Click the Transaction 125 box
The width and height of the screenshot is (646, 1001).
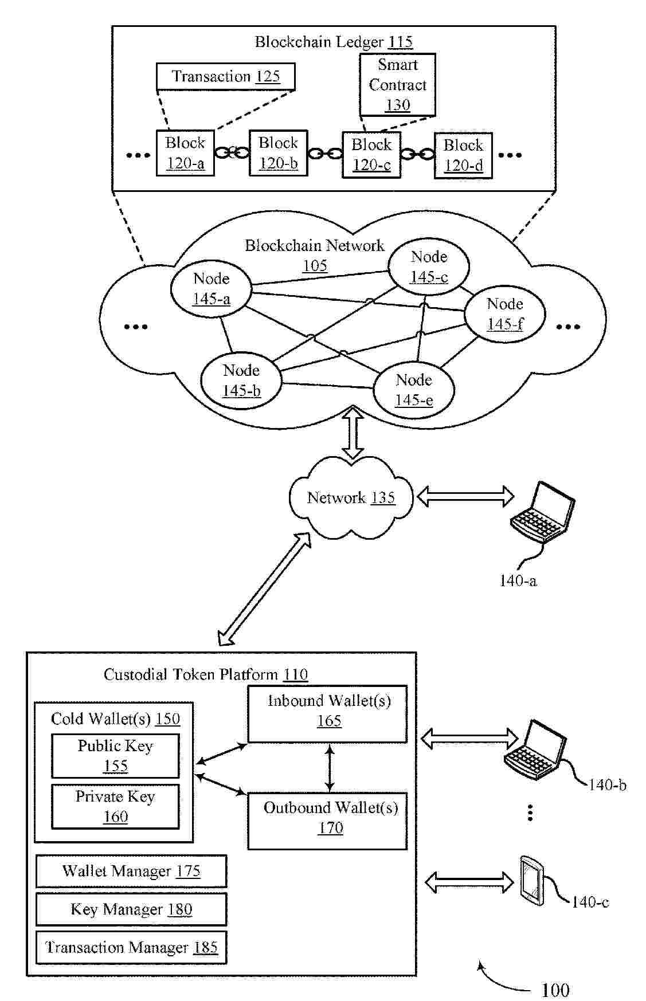[225, 77]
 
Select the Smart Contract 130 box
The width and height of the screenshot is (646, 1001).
[397, 85]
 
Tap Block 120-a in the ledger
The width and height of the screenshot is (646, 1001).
[185, 153]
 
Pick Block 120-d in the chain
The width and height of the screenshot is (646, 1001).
[463, 155]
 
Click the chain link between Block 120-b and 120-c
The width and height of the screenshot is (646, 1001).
[324, 154]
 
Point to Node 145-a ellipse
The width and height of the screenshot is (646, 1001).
[212, 289]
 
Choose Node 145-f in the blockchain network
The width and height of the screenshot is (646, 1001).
[504, 314]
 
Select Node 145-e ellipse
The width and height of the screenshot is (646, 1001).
[414, 390]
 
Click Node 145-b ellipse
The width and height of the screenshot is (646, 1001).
[241, 380]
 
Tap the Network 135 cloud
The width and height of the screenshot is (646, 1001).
[351, 497]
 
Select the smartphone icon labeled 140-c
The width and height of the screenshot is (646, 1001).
[531, 880]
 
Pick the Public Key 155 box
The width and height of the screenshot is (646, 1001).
[115, 756]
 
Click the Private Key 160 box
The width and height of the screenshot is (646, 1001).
[115, 806]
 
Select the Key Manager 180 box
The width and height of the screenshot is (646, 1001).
[131, 909]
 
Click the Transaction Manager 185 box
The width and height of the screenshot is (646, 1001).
[131, 948]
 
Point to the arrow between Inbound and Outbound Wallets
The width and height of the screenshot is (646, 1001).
[329, 768]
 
